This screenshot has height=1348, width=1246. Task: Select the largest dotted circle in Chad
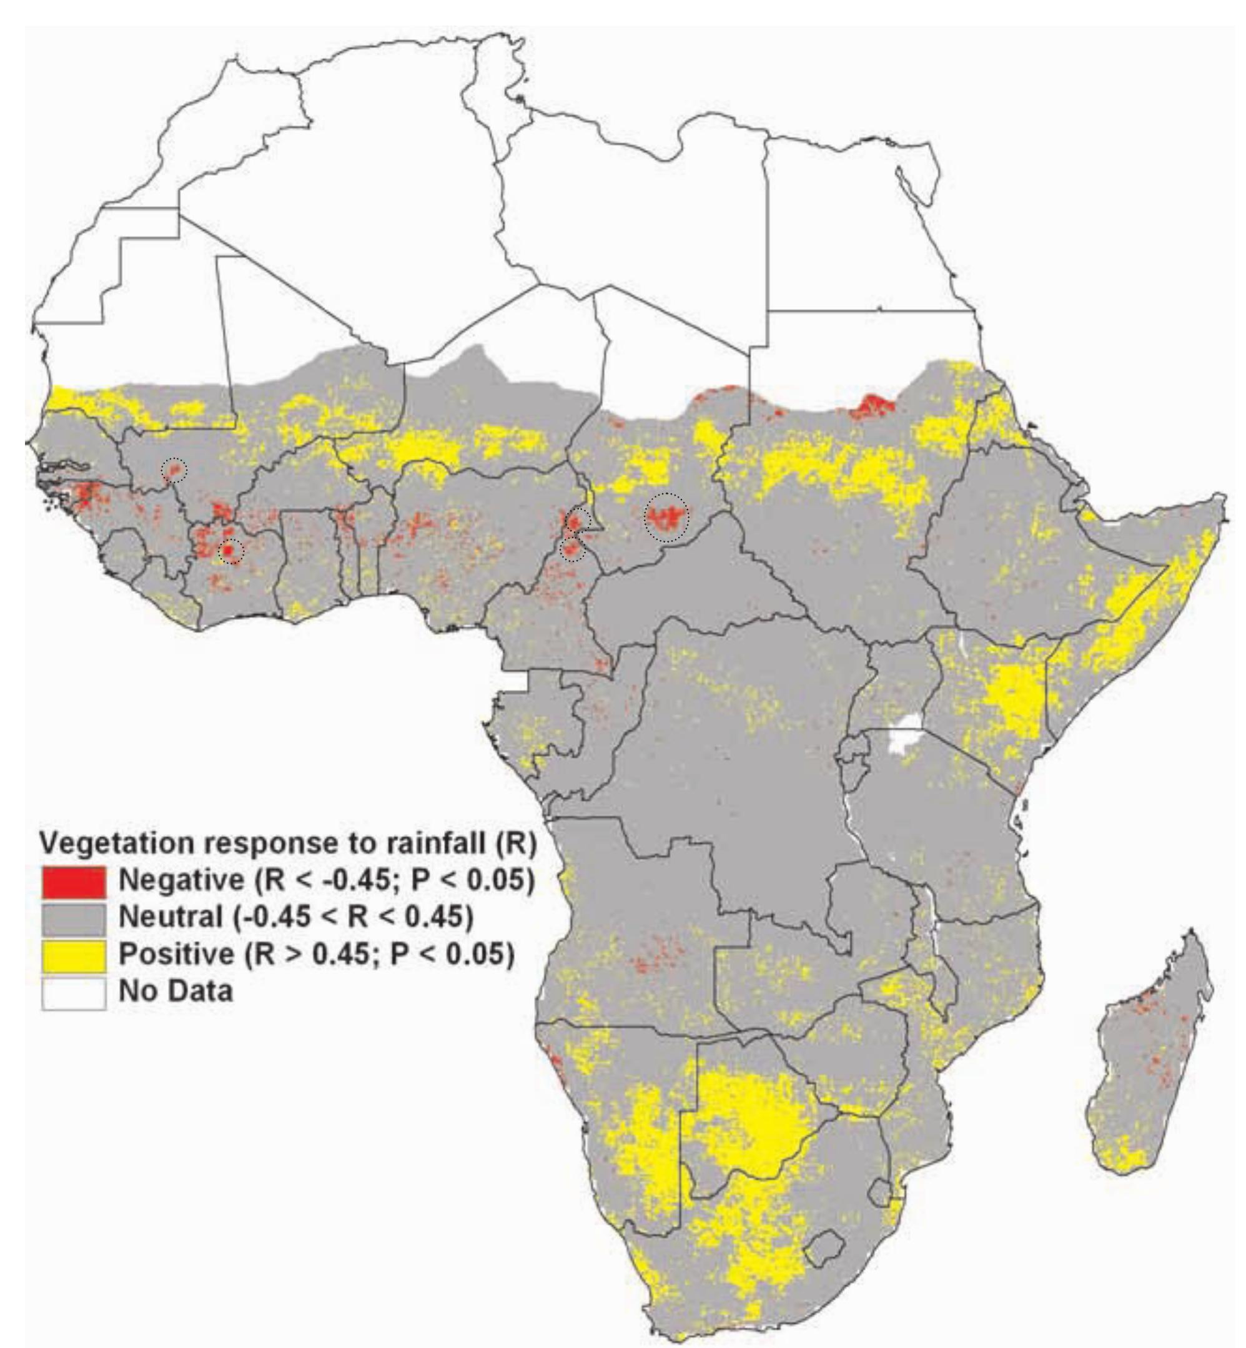coord(668,518)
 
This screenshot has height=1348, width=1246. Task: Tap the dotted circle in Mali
coord(173,469)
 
